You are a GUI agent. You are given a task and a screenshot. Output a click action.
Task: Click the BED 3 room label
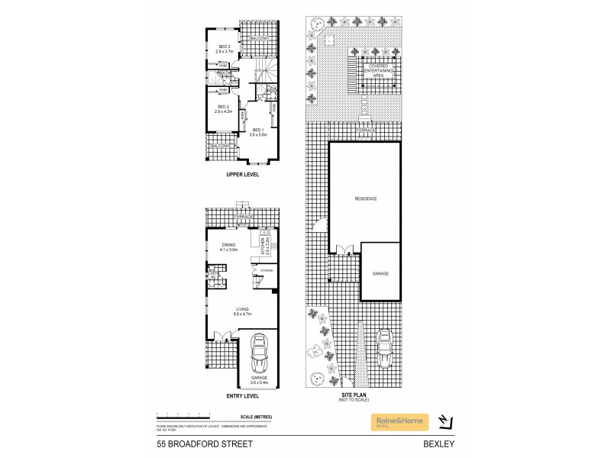point(223,47)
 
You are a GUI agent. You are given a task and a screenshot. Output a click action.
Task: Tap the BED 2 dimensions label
point(223,111)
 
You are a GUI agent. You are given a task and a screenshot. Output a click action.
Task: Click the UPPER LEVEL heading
point(243,175)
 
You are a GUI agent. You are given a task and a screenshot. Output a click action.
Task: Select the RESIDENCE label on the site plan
point(365,198)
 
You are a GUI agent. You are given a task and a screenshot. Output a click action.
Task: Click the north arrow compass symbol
point(448,421)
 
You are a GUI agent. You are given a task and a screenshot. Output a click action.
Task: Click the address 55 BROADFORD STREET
point(197,443)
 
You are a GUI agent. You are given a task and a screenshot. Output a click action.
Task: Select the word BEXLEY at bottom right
point(436,443)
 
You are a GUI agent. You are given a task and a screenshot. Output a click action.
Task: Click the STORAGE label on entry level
point(266,270)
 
